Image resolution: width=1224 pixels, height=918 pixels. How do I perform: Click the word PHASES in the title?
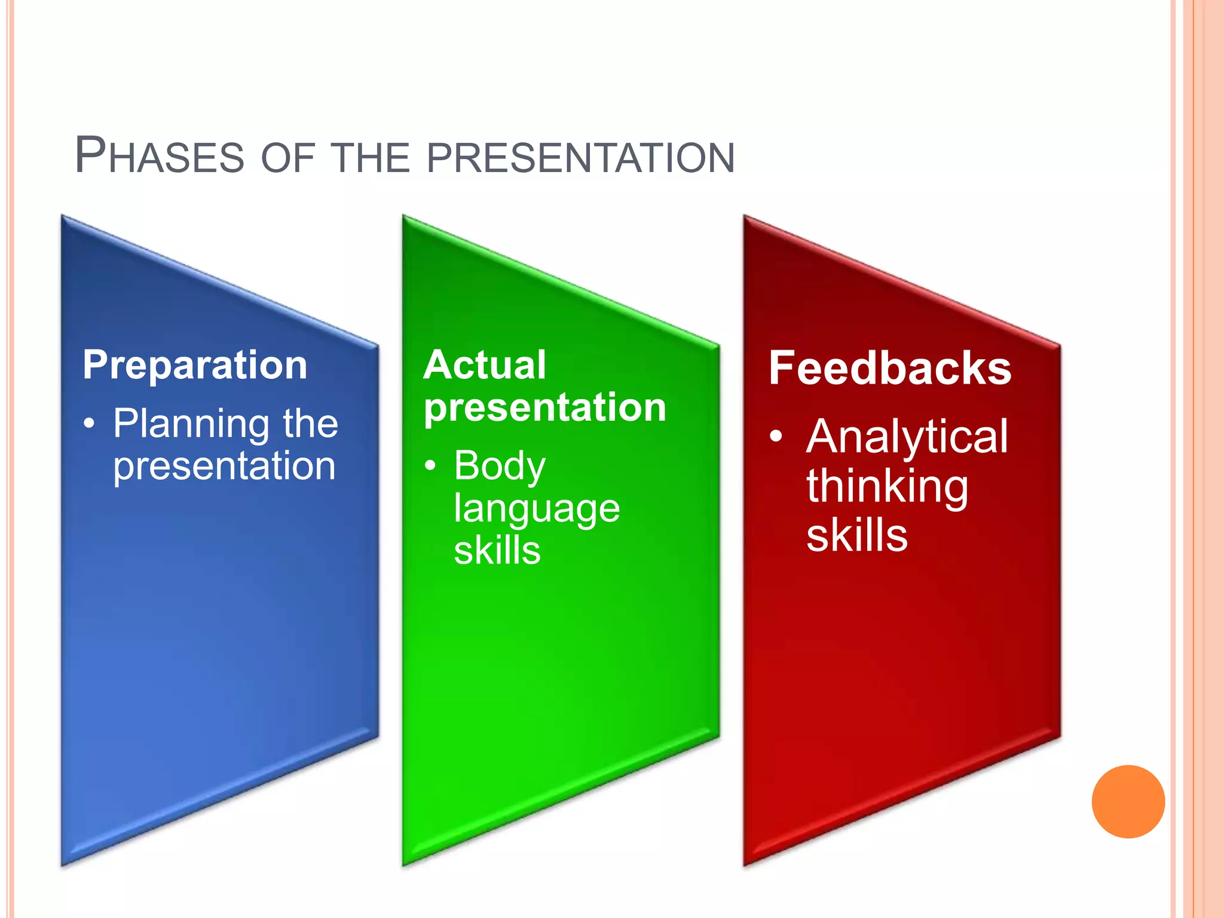[159, 156]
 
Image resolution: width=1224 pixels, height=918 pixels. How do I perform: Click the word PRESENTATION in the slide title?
[580, 158]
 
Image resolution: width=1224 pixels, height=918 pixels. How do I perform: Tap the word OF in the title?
[287, 158]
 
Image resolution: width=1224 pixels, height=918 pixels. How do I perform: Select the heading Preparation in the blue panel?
[195, 365]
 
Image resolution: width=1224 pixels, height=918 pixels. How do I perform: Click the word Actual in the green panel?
[484, 365]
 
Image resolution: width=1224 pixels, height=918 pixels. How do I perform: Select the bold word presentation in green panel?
[544, 408]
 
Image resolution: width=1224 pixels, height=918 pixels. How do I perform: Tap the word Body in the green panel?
[500, 466]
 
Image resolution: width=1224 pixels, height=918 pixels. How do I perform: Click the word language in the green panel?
[537, 509]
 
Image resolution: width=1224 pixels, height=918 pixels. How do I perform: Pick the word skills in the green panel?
[497, 550]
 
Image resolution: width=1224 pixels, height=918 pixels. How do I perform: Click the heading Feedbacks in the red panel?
[890, 368]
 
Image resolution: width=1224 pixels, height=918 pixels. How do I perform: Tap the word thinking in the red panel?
[887, 486]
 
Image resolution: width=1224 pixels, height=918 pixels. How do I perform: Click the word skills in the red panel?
[857, 535]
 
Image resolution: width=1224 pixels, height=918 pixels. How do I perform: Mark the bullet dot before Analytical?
[776, 436]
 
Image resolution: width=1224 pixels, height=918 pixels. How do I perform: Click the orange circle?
[1128, 801]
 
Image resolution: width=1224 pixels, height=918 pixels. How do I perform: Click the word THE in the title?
[371, 158]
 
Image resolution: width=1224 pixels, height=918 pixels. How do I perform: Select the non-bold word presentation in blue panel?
[225, 466]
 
